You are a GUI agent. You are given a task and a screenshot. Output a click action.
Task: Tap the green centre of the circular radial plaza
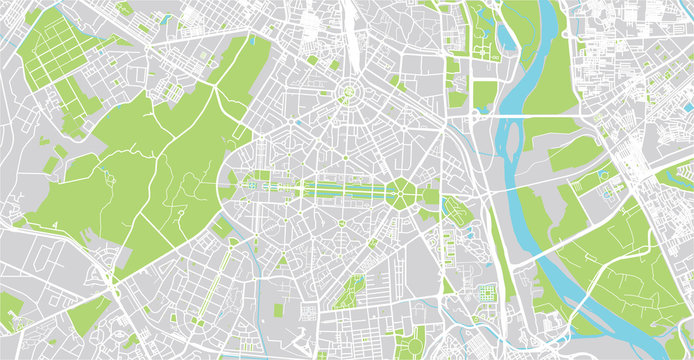(x=348, y=95)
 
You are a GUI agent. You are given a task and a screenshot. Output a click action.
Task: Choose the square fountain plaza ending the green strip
(x=248, y=186)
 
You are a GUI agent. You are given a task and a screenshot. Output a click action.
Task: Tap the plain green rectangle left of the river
(x=485, y=96)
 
